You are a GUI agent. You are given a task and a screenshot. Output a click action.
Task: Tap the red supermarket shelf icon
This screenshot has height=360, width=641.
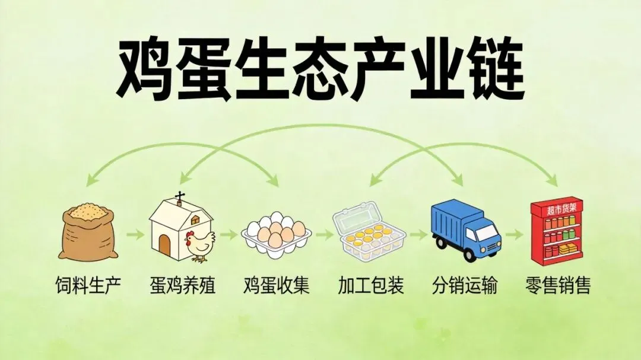pos(556,232)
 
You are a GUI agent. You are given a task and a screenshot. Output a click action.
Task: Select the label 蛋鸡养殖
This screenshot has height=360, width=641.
pos(183,286)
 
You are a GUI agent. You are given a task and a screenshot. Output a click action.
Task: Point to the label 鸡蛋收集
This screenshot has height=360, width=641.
pos(276,286)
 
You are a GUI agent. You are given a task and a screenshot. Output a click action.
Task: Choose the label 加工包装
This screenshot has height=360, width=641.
pos(371,286)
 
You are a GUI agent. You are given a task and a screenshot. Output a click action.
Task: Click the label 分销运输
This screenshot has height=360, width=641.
pos(465,286)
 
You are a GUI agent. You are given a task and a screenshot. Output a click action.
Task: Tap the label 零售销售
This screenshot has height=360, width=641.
pos(558,286)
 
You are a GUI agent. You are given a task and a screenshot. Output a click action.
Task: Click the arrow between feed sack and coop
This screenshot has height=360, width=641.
pos(134,235)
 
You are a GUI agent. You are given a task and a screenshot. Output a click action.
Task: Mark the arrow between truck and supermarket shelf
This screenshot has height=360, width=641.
pos(514,235)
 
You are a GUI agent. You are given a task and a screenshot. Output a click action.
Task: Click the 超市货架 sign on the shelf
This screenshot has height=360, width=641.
pos(557,209)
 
